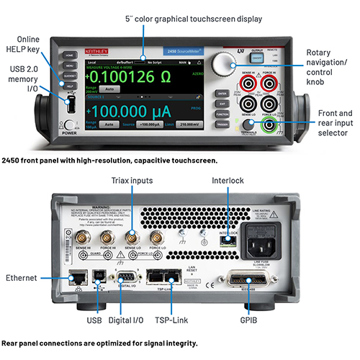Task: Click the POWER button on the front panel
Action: (70, 123)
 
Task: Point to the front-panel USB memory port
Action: (71, 105)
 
